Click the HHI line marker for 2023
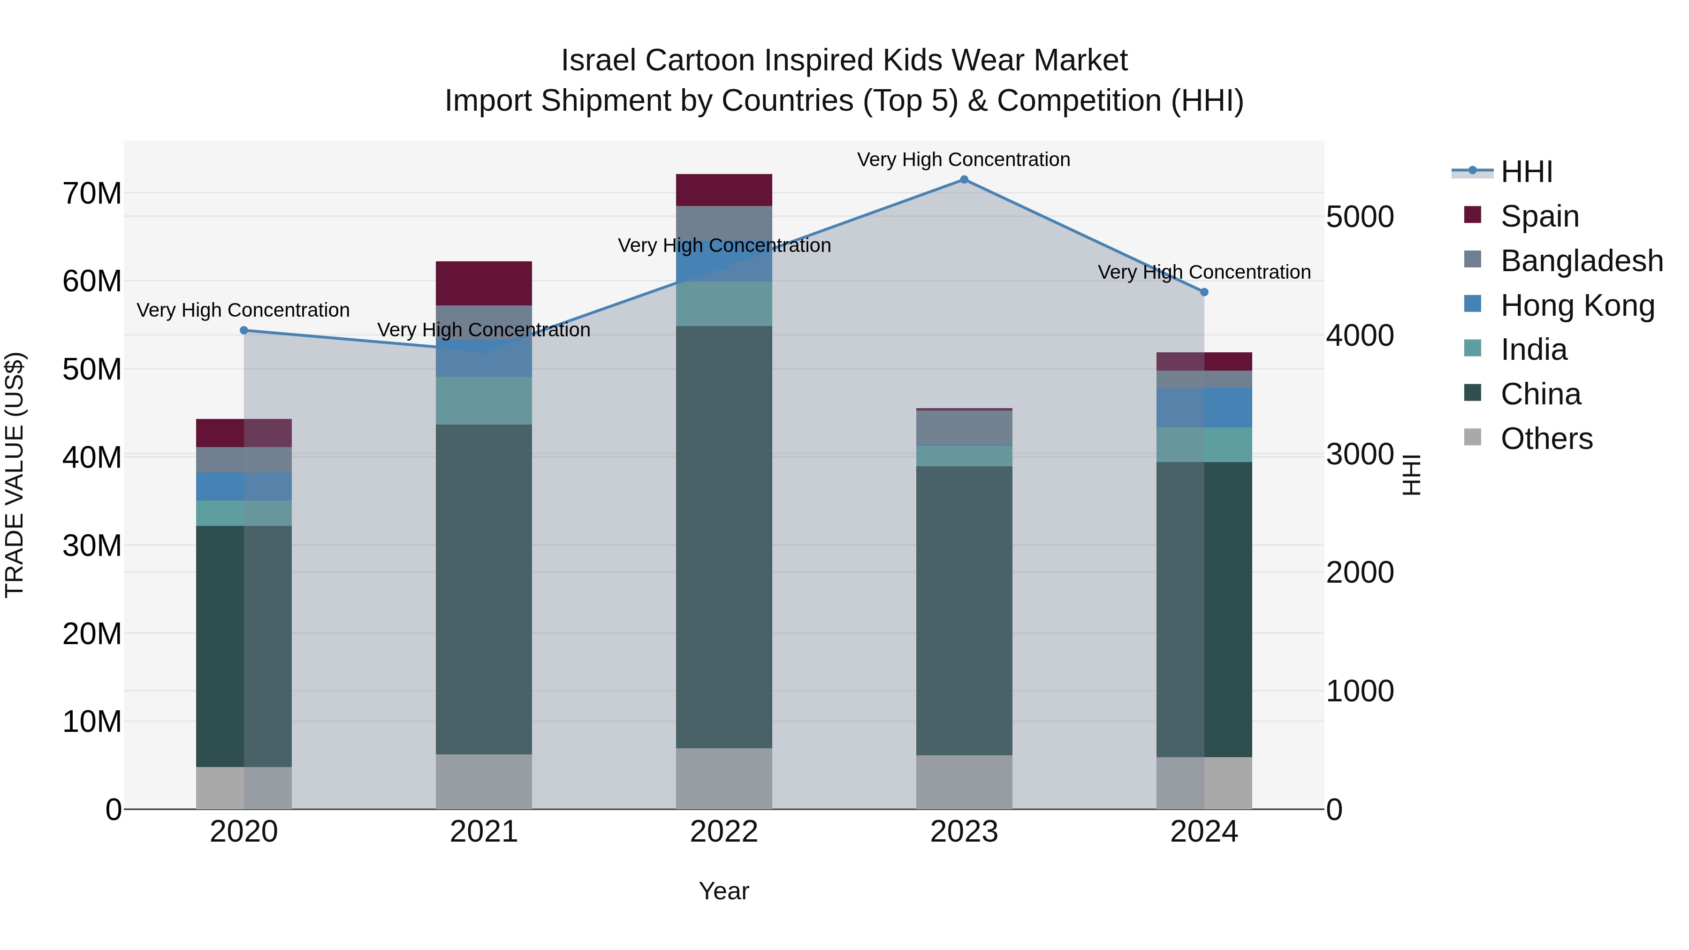963,180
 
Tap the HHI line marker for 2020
244,330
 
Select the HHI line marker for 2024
1204,292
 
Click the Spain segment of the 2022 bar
724,190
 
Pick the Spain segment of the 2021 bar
484,283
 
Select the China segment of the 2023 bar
964,610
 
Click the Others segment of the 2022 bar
724,779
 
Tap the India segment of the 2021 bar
484,401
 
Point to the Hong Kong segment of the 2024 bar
1204,408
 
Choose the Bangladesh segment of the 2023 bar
964,427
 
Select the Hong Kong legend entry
1577,305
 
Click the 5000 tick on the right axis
1360,217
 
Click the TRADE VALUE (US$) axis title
15,475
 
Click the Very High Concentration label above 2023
963,160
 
